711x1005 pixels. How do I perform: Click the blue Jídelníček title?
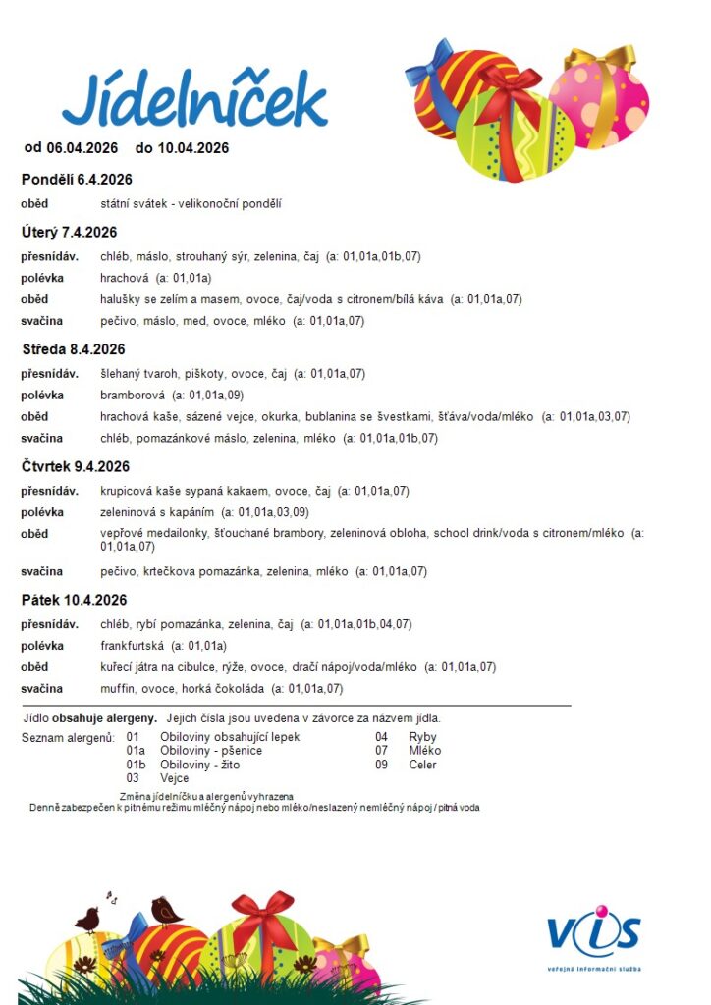[x=193, y=100]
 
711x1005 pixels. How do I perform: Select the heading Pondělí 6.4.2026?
[x=77, y=180]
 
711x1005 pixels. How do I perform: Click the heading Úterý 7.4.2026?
[x=70, y=233]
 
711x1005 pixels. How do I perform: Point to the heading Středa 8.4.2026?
[x=74, y=349]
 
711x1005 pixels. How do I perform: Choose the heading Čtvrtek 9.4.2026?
[x=76, y=466]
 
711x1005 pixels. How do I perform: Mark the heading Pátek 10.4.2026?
[x=75, y=600]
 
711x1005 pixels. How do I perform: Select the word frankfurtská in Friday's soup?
[x=131, y=646]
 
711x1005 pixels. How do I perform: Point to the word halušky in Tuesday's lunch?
[x=121, y=299]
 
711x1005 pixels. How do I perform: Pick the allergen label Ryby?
[x=422, y=737]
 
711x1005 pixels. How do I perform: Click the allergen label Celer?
[x=422, y=765]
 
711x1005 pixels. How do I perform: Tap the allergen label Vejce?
[x=174, y=778]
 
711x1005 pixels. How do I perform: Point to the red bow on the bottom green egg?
[x=263, y=914]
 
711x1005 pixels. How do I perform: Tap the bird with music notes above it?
[x=88, y=919]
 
